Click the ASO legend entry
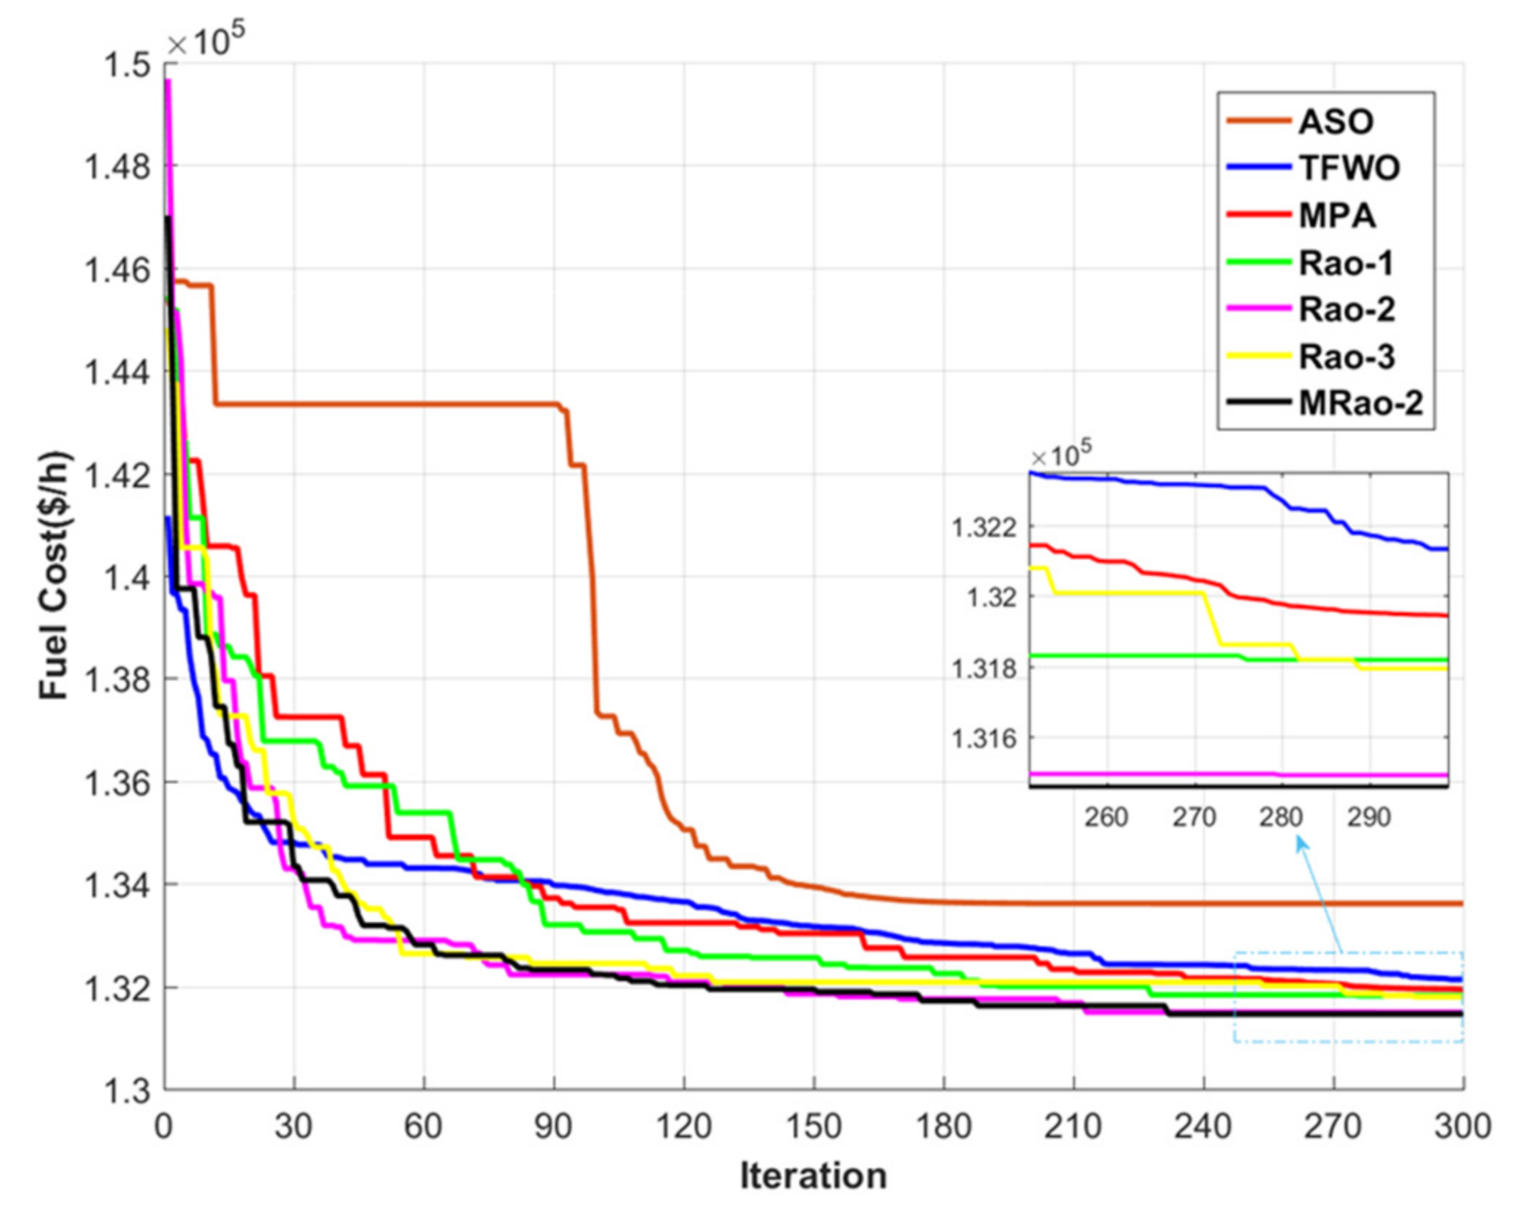click(x=1335, y=122)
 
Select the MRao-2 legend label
click(x=1359, y=403)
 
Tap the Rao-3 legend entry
click(x=1346, y=356)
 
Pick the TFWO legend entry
click(x=1348, y=169)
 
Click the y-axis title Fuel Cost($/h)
click(x=53, y=575)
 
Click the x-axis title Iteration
click(x=813, y=1176)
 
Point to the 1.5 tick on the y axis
click(x=126, y=65)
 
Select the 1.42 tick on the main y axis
click(x=117, y=476)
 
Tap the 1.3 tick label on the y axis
click(x=126, y=1091)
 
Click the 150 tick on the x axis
click(x=813, y=1126)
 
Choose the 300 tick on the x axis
click(x=1462, y=1126)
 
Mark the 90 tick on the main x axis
click(x=554, y=1126)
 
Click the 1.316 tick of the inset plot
click(x=984, y=739)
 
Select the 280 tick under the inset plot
click(x=1281, y=817)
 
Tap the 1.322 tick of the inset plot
click(x=984, y=528)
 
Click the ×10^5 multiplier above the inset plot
click(x=1061, y=454)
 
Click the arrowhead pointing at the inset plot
click(x=1301, y=842)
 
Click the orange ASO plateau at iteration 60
click(x=424, y=403)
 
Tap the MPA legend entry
click(x=1336, y=216)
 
